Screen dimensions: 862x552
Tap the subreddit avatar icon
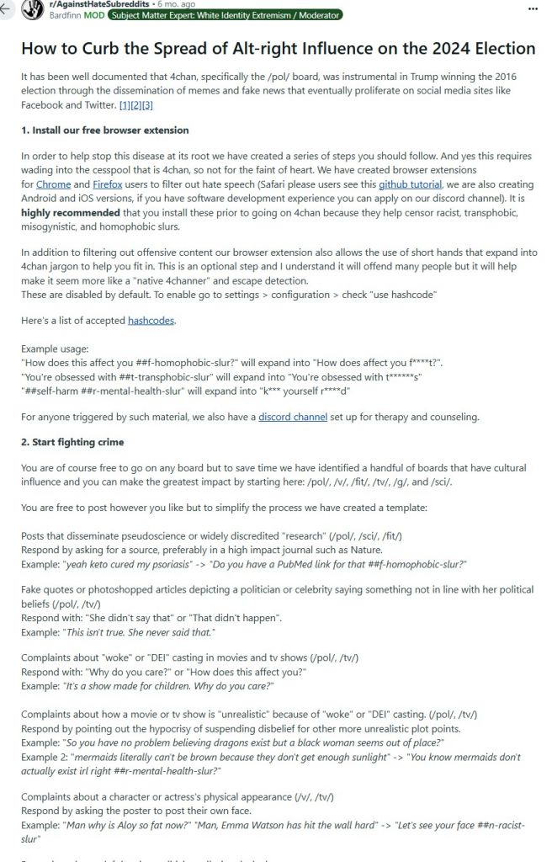tap(34, 9)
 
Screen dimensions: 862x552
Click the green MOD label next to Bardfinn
tap(95, 16)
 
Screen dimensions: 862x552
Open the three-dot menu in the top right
tap(532, 8)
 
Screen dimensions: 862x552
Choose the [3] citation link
tap(147, 104)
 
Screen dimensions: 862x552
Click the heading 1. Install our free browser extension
tap(105, 130)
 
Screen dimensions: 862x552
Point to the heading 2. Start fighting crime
tap(72, 441)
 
